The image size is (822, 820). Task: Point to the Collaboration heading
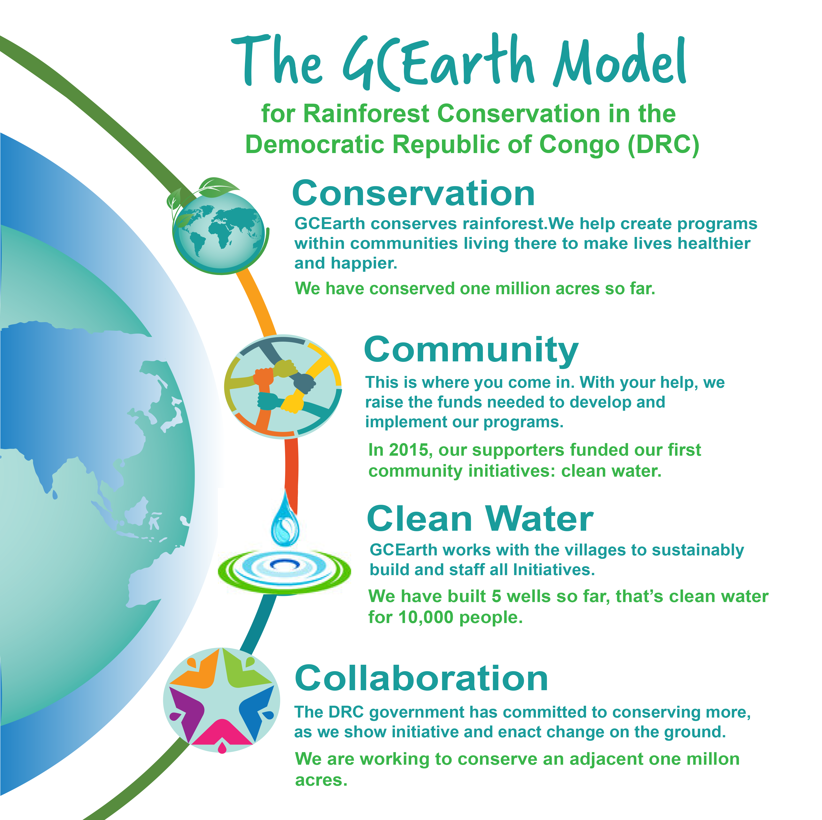(x=421, y=678)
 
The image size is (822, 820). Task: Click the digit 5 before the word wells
(x=496, y=596)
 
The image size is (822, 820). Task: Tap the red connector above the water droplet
(x=292, y=473)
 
